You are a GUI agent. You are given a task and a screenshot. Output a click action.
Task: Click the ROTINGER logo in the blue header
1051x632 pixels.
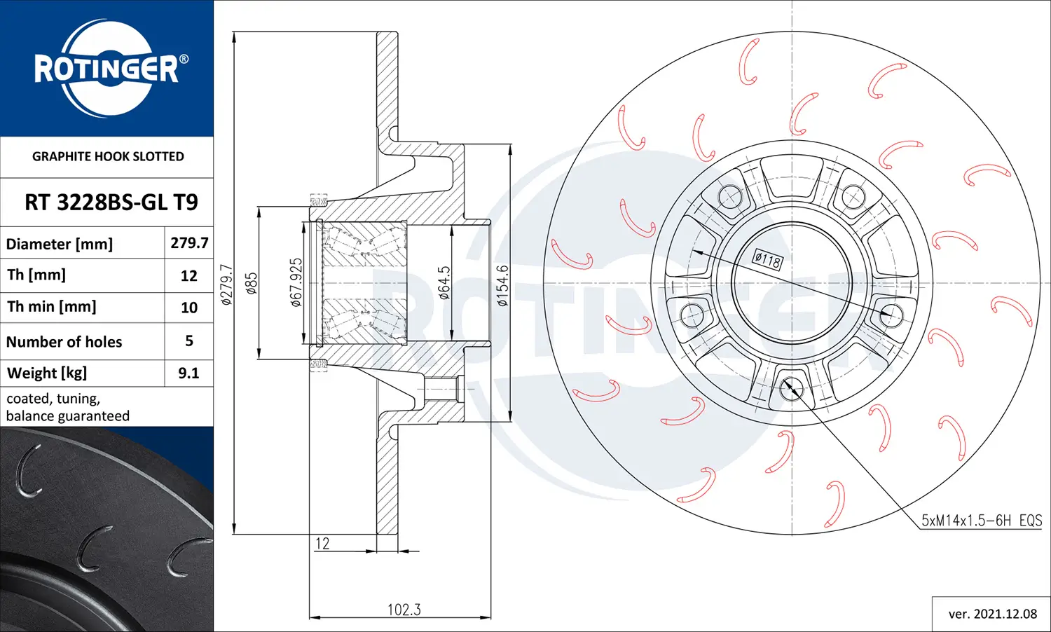tap(107, 68)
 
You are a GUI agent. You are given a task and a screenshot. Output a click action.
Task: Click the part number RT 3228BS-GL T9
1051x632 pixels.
tap(111, 202)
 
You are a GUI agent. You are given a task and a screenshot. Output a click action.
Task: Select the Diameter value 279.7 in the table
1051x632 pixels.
tap(189, 243)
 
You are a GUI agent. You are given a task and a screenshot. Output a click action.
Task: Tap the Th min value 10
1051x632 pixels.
tap(189, 308)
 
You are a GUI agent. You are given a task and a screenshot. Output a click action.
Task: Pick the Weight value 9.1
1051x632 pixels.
tap(188, 373)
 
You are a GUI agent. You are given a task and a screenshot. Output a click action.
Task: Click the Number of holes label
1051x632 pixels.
tap(64, 342)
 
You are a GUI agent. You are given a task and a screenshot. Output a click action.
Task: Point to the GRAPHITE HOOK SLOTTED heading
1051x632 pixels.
tap(108, 156)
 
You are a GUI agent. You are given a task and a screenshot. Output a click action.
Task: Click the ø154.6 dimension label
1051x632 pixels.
tap(502, 286)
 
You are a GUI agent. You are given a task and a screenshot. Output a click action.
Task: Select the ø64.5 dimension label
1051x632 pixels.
tap(444, 283)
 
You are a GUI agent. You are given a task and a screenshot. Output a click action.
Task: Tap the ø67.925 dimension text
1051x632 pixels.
tap(296, 282)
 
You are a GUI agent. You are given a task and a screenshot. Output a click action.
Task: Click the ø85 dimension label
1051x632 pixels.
tap(252, 283)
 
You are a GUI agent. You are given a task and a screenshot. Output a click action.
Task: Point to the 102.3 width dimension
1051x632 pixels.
tap(404, 610)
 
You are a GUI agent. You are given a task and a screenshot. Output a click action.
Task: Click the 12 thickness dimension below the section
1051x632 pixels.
tap(322, 543)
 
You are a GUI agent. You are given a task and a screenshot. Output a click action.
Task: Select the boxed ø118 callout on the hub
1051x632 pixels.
tap(767, 261)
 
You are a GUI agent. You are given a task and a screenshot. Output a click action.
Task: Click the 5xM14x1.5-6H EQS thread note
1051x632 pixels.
tap(981, 521)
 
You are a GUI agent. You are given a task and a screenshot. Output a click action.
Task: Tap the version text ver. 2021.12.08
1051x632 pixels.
tap(992, 614)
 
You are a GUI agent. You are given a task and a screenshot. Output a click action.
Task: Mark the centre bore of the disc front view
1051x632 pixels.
tap(792, 283)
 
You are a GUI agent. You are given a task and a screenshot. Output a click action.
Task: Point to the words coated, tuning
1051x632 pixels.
tap(53, 399)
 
